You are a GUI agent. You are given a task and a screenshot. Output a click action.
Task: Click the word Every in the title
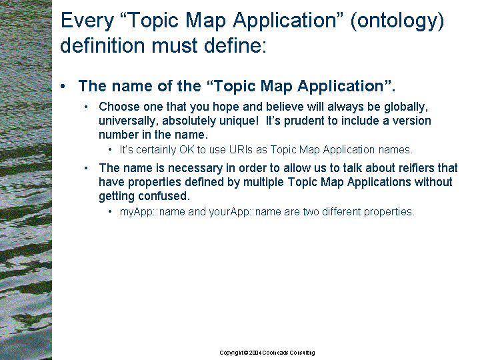[x=87, y=21]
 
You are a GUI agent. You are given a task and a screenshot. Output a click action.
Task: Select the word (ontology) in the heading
[x=397, y=21]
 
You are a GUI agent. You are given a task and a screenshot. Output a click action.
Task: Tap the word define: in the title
[x=235, y=45]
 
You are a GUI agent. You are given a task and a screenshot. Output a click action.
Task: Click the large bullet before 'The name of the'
[x=63, y=86]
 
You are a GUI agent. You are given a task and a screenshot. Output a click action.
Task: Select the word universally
[x=129, y=121]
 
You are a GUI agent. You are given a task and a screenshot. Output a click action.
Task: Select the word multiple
[x=263, y=182]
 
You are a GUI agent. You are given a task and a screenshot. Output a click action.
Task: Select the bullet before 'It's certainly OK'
[x=110, y=150]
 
